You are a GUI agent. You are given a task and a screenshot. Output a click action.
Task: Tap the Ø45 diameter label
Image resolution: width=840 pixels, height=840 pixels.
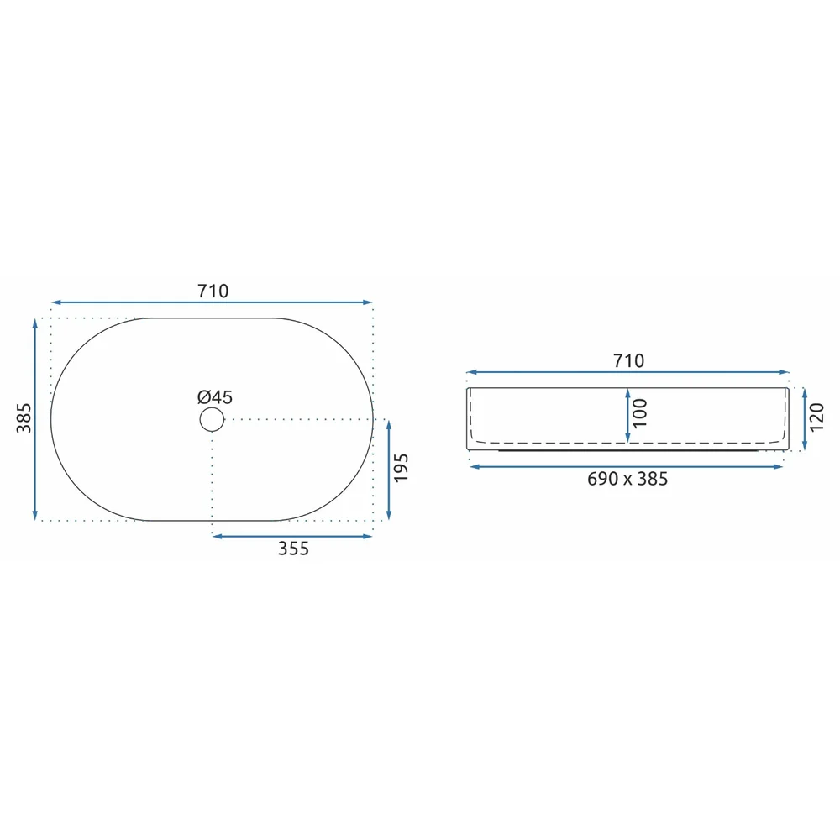point(215,397)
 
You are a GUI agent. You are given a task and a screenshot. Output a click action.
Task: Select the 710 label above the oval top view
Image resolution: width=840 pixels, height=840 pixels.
point(213,291)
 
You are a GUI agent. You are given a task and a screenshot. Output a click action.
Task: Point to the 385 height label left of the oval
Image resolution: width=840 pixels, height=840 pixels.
point(24,418)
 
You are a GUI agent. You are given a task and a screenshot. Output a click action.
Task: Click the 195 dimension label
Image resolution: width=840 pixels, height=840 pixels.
point(401,468)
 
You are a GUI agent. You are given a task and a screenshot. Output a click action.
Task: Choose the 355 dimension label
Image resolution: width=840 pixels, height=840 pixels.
point(293,549)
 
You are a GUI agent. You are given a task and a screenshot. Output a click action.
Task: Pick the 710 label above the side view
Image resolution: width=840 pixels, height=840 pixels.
point(628,360)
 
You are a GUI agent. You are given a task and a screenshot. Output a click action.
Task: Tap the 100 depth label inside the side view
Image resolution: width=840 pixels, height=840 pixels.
point(639,413)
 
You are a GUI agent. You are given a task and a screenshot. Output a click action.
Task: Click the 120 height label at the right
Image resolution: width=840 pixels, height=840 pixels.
point(816,417)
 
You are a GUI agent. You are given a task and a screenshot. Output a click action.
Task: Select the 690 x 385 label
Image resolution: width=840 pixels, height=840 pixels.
point(627,479)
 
